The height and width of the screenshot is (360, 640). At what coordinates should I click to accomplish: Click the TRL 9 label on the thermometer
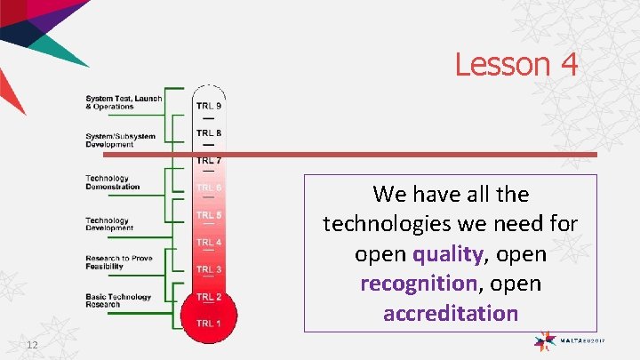click(209, 106)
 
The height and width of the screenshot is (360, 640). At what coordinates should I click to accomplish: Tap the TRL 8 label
click(209, 133)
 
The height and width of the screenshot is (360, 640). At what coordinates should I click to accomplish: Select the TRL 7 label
click(209, 161)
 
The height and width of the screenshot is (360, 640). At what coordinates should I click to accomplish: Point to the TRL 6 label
click(209, 188)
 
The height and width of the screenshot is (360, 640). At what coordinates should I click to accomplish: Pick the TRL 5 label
click(209, 215)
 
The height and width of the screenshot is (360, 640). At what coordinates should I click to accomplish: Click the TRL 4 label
click(209, 242)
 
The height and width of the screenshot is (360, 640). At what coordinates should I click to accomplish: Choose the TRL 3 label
click(209, 269)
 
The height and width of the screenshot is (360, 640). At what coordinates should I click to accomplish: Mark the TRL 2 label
click(209, 297)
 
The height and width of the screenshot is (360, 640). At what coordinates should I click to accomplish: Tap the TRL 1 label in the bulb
click(209, 323)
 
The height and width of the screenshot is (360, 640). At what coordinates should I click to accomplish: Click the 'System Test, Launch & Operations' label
click(123, 102)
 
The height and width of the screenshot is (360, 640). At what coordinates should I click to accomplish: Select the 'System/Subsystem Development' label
click(120, 140)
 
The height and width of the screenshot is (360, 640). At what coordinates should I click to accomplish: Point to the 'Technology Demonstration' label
click(113, 182)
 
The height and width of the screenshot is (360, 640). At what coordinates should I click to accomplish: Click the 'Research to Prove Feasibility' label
click(119, 261)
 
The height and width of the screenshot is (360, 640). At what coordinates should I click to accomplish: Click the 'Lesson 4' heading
click(516, 64)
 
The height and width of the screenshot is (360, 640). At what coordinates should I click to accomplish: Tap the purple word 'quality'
click(448, 254)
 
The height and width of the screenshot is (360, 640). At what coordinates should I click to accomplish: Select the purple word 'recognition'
click(418, 284)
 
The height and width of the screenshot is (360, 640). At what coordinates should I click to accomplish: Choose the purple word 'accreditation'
click(450, 313)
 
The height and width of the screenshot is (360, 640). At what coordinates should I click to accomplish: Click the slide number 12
click(32, 345)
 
